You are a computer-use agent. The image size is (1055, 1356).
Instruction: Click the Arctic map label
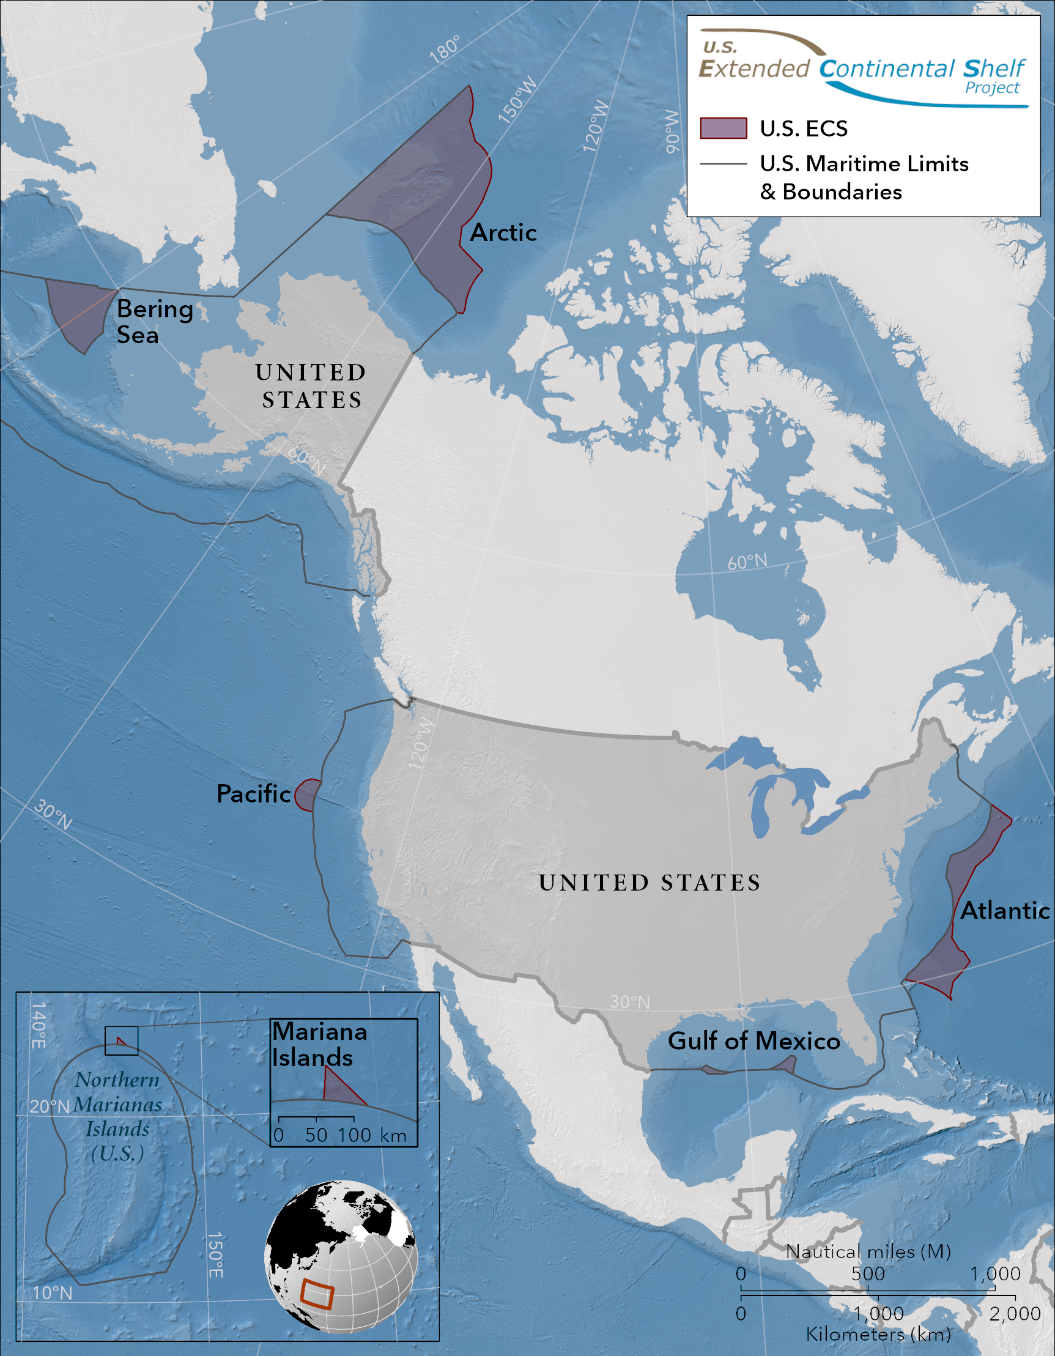[x=503, y=232]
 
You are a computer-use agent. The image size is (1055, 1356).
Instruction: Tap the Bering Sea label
[x=155, y=321]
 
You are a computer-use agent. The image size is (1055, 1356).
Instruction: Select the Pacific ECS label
[x=253, y=793]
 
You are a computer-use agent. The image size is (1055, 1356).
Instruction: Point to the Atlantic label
[x=1004, y=910]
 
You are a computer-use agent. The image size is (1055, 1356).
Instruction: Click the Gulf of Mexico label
[x=753, y=1040]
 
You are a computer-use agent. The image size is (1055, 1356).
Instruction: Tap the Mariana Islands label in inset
[x=319, y=1044]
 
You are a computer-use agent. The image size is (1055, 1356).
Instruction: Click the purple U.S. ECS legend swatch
[x=723, y=128]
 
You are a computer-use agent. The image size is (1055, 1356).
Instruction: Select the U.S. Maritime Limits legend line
[x=723, y=164]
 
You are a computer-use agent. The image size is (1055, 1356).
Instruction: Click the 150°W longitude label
[x=517, y=100]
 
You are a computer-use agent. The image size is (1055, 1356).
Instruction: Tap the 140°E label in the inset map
[x=39, y=1024]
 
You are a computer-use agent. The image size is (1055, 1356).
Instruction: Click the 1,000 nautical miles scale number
[x=996, y=1273]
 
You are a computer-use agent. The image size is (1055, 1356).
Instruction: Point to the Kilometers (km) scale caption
[x=878, y=1333]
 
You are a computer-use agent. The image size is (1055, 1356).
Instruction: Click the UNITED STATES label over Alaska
[x=312, y=385]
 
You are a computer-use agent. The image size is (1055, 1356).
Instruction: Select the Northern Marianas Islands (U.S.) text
[x=117, y=1116]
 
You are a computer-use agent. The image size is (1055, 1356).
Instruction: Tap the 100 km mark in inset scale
[x=355, y=1135]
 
